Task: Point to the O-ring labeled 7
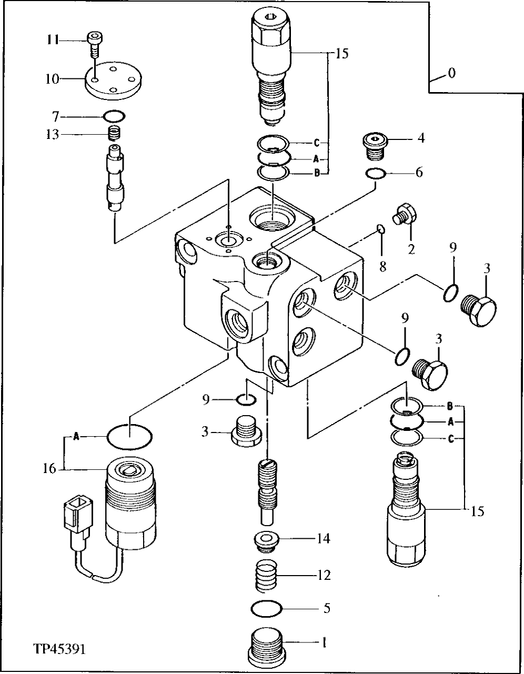pyautogui.click(x=114, y=115)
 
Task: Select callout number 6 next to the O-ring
pyautogui.click(x=418, y=172)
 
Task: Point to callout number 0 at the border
pyautogui.click(x=451, y=73)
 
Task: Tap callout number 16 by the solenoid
pyautogui.click(x=49, y=468)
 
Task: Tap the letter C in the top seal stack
pyautogui.click(x=317, y=142)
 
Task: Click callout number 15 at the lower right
pyautogui.click(x=477, y=510)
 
